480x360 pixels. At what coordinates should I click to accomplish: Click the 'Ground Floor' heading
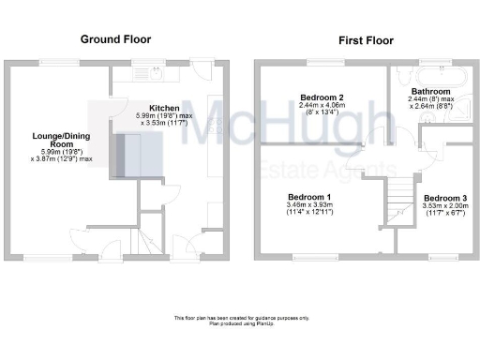coord(115,39)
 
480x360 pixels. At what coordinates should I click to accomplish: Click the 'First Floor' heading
coord(367,41)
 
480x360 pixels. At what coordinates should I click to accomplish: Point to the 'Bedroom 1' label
coord(308,196)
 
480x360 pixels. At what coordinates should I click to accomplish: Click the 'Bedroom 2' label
coord(322,97)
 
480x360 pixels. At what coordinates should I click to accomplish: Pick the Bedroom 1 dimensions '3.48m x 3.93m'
coord(308,204)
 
